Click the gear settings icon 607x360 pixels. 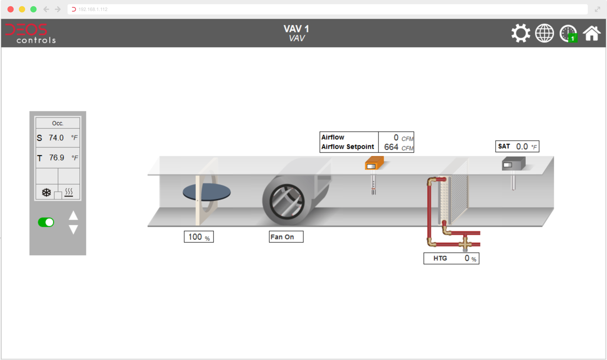click(x=521, y=33)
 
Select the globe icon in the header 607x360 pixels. click(x=545, y=33)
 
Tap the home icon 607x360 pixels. click(x=591, y=33)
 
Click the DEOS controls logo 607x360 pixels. click(x=30, y=33)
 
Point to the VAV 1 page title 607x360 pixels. click(x=296, y=29)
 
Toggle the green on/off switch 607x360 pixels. click(x=46, y=222)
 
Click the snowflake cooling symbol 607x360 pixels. click(x=46, y=193)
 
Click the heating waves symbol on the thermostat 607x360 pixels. click(x=69, y=192)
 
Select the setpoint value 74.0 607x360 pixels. click(x=56, y=138)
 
